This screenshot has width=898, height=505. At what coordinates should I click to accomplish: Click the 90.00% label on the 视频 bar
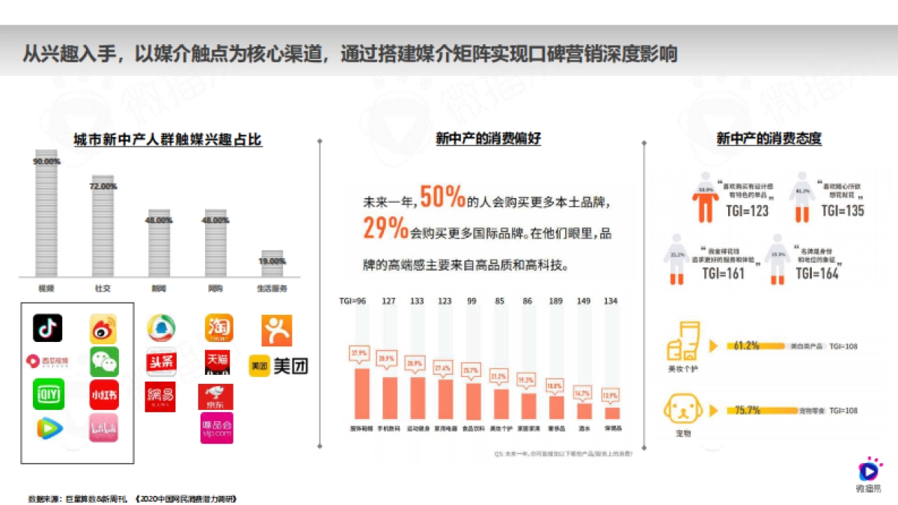[46, 162]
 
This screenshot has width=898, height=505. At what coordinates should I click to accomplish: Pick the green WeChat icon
[104, 361]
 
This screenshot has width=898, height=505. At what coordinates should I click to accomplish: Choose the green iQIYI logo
[48, 394]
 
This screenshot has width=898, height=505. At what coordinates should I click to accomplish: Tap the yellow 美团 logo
[278, 366]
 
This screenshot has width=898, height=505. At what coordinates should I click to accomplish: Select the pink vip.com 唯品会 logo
[216, 428]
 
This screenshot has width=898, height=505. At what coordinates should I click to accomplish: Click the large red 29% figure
[385, 228]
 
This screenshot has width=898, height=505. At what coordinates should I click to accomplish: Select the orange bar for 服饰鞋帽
[361, 393]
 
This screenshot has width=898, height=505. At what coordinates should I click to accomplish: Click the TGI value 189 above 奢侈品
[555, 302]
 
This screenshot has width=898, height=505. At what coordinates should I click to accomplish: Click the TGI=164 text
[817, 274]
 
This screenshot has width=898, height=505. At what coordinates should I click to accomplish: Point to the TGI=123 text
[747, 211]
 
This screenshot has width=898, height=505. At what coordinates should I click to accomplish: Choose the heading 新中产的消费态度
[769, 139]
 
